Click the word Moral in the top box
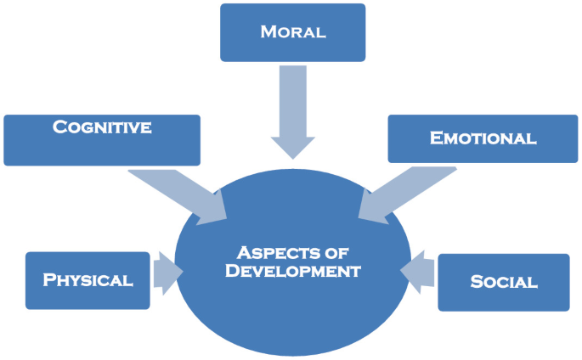[292, 32]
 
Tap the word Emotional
[483, 138]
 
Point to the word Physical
[88, 280]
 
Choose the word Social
[504, 282]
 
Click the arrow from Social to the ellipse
[417, 273]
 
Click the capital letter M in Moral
[267, 32]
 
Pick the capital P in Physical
[49, 280]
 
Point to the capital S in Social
[477, 282]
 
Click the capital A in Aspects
[242, 252]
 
